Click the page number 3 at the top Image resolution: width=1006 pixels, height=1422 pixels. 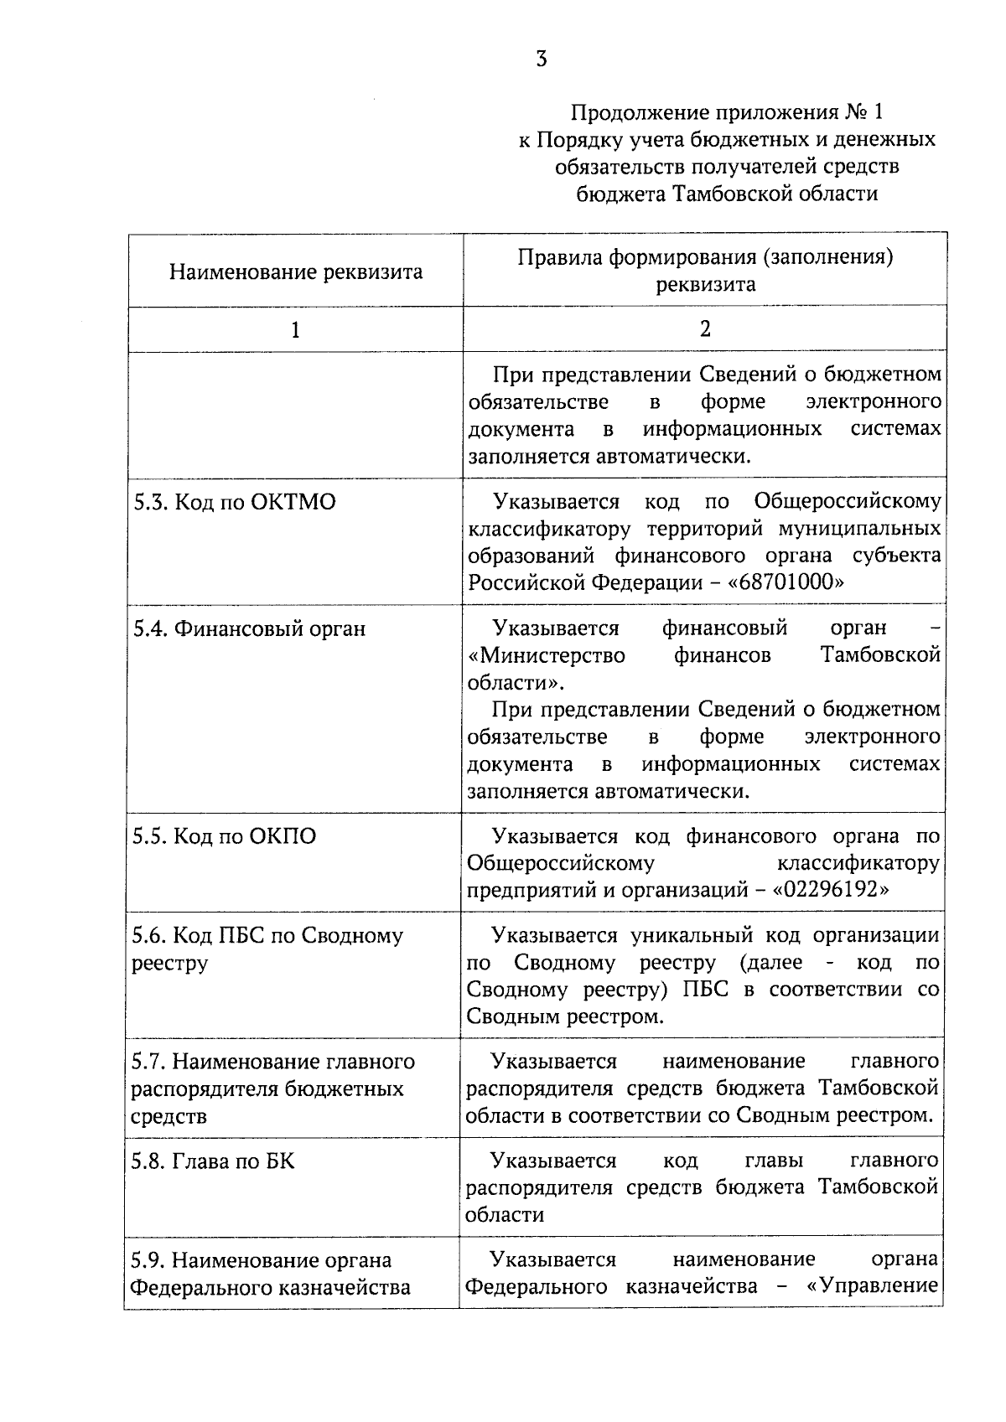pyautogui.click(x=542, y=59)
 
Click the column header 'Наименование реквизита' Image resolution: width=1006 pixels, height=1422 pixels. pyautogui.click(x=295, y=271)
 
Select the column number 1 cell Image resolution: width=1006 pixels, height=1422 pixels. pyautogui.click(x=294, y=329)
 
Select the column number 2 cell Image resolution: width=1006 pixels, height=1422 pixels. pyautogui.click(x=705, y=328)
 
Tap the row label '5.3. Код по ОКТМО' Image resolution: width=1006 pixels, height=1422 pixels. pyautogui.click(x=235, y=502)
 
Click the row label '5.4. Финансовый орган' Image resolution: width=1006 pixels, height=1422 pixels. pyautogui.click(x=249, y=628)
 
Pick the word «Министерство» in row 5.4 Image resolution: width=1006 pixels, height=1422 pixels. pyautogui.click(x=547, y=655)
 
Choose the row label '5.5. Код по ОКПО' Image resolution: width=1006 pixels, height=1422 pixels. pyautogui.click(x=225, y=836)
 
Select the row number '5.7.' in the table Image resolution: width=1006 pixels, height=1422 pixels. pyautogui.click(x=148, y=1062)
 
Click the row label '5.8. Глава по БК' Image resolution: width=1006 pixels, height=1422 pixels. pyautogui.click(x=214, y=1161)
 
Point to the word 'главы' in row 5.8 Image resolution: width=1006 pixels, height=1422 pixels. pyautogui.click(x=773, y=1161)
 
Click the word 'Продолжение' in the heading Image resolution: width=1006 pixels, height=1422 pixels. pyautogui.click(x=630, y=111)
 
